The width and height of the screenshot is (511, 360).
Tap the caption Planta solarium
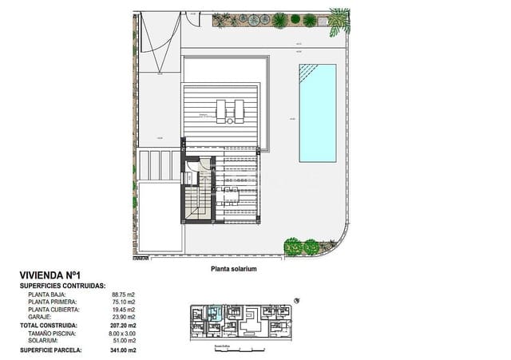[x=233, y=270]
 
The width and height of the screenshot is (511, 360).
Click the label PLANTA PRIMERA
[x=53, y=303]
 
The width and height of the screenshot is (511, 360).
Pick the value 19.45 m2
[x=123, y=310]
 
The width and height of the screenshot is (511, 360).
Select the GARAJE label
[x=41, y=317]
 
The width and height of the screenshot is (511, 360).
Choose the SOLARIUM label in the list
[x=45, y=341]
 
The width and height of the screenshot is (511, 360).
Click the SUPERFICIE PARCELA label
[x=53, y=350]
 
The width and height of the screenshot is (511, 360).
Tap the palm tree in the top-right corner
[x=339, y=20]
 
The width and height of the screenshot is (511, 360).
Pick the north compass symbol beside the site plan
[x=298, y=300]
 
